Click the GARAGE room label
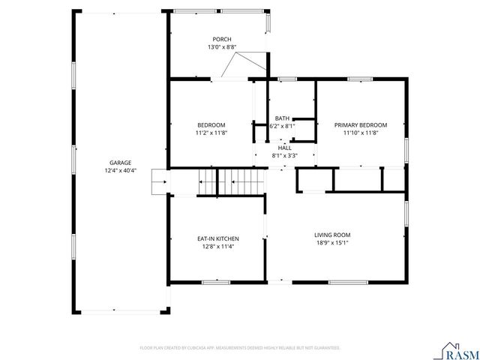pyautogui.click(x=120, y=163)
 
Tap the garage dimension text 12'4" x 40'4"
pyautogui.click(x=120, y=171)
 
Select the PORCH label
pyautogui.click(x=221, y=39)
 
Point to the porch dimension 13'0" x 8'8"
pyautogui.click(x=221, y=47)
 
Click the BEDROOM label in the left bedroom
pyautogui.click(x=211, y=124)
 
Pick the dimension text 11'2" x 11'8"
pyautogui.click(x=211, y=133)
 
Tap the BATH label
pyautogui.click(x=282, y=118)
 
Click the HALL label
pyautogui.click(x=284, y=148)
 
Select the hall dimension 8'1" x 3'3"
pyautogui.click(x=284, y=156)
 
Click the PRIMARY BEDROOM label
pyautogui.click(x=361, y=124)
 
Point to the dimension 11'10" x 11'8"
pyautogui.click(x=361, y=133)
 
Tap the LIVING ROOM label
pyautogui.click(x=332, y=235)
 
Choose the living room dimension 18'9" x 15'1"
pyautogui.click(x=332, y=243)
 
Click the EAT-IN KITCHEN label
pyautogui.click(x=218, y=238)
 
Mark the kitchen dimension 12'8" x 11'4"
pyautogui.click(x=218, y=247)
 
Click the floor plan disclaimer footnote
pyautogui.click(x=240, y=348)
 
